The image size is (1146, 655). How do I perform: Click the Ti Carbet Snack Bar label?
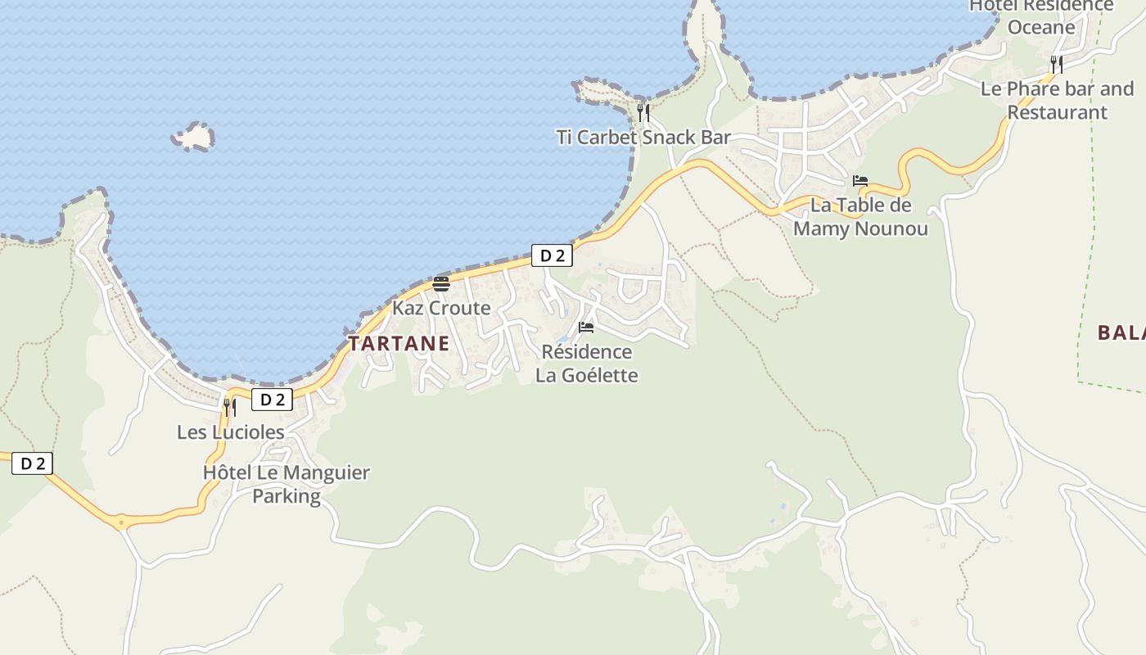click(x=643, y=137)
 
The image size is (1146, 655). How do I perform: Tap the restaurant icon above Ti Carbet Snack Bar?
click(x=643, y=112)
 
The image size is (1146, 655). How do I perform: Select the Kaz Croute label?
click(x=441, y=308)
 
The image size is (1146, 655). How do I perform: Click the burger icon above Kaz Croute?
click(x=441, y=284)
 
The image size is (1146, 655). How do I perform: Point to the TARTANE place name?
click(x=399, y=344)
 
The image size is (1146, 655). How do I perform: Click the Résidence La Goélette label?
click(x=586, y=364)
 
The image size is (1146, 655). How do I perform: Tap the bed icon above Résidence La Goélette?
click(x=586, y=327)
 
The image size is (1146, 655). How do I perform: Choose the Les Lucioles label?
click(x=231, y=431)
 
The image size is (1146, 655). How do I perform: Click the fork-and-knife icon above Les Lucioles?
click(x=230, y=407)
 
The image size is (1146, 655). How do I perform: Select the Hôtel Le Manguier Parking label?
click(x=286, y=484)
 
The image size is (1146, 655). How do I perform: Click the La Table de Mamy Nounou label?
click(x=860, y=216)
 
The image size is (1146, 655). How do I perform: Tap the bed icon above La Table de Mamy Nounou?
click(x=859, y=181)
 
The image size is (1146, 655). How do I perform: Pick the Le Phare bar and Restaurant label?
click(x=1057, y=100)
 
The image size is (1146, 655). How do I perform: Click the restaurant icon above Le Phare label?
click(x=1057, y=64)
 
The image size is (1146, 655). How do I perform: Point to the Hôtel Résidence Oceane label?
click(x=1041, y=16)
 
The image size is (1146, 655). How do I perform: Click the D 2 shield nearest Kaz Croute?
click(x=552, y=255)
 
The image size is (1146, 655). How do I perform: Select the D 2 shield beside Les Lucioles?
click(x=272, y=400)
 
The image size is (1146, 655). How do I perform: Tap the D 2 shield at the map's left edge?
click(x=33, y=463)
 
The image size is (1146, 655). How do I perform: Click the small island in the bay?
click(x=193, y=137)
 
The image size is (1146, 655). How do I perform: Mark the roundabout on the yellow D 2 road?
click(x=121, y=521)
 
